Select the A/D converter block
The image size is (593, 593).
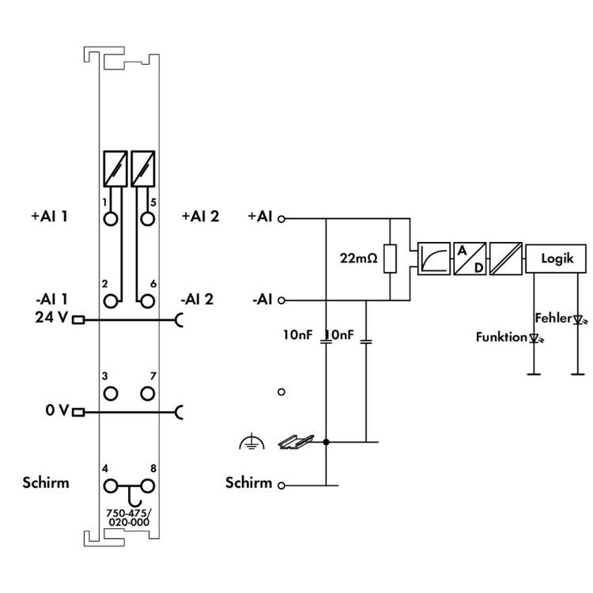coord(468,259)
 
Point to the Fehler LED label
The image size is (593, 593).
coord(553,318)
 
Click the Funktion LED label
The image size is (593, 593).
coord(501,338)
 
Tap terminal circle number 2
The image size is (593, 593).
coord(111,300)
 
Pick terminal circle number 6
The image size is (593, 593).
coord(147,300)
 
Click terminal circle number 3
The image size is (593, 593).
coord(111,392)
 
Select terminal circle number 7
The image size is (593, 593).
coord(147,392)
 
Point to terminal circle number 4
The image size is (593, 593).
coord(111,485)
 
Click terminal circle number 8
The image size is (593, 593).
coord(147,485)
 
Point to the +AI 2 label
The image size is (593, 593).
coord(198,215)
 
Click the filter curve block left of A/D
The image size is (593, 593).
coord(435,259)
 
